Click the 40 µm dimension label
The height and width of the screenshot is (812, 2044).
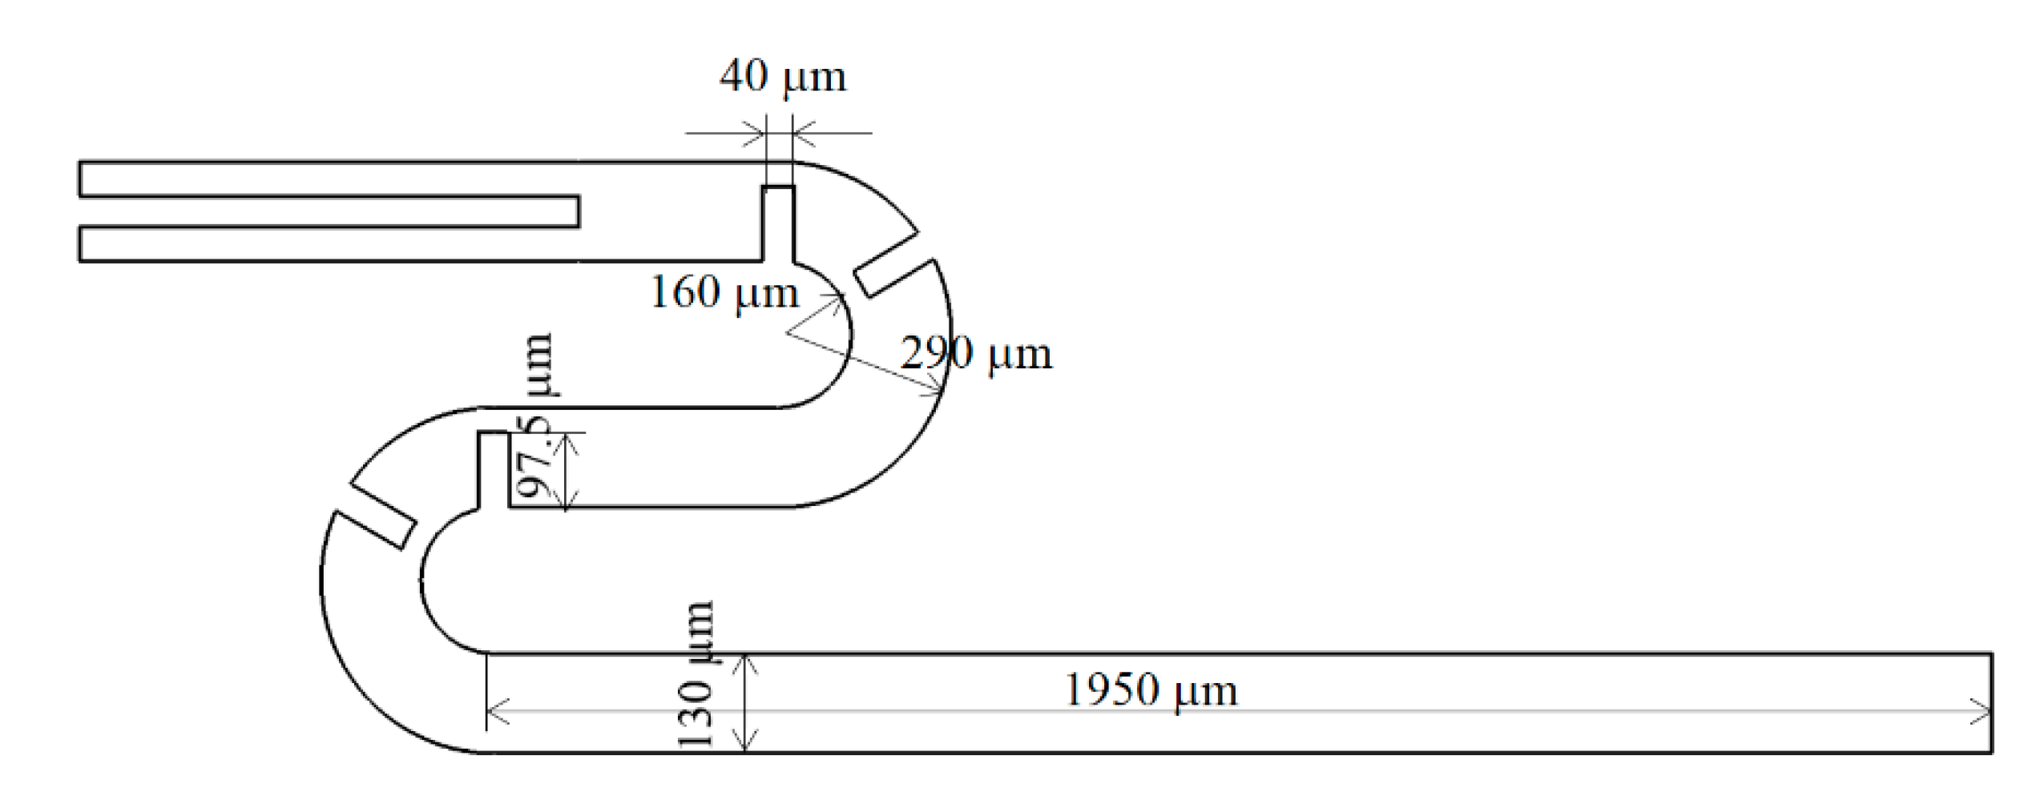(x=782, y=78)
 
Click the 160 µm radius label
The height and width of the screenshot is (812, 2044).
(x=724, y=292)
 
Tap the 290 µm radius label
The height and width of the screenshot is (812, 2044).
(x=975, y=353)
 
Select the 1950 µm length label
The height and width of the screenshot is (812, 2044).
(x=1150, y=689)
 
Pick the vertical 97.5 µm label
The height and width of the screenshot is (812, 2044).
(x=534, y=416)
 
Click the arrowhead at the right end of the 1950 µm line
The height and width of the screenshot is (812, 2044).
(x=1982, y=711)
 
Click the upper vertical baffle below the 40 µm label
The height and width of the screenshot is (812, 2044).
(x=778, y=224)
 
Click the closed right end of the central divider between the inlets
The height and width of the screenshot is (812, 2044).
(x=578, y=211)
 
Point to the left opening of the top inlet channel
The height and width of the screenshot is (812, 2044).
(x=80, y=179)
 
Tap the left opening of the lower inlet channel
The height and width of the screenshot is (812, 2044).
(x=80, y=244)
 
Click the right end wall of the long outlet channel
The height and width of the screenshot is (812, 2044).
(x=1991, y=703)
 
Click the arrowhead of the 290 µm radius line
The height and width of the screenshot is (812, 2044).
(x=937, y=391)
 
